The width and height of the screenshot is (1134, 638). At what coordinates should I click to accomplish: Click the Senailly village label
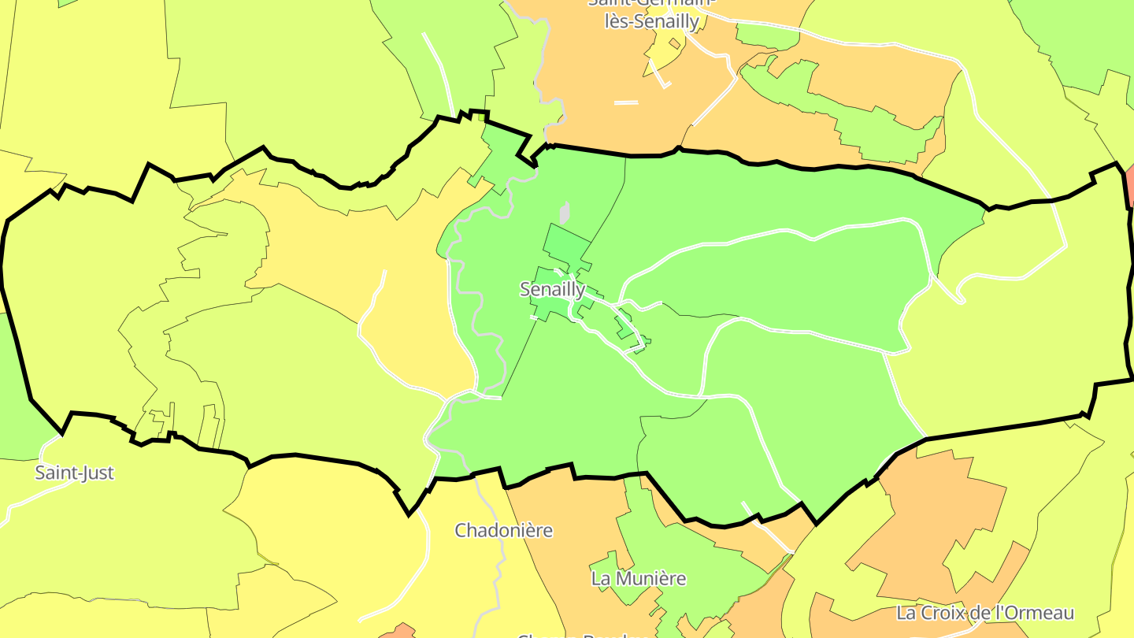552,289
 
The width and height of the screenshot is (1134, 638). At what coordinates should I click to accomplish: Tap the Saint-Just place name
74,473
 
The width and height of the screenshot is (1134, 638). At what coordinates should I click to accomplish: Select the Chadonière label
503,530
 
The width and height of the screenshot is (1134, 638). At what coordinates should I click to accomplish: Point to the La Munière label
639,578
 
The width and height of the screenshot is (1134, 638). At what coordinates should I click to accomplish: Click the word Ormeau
1040,612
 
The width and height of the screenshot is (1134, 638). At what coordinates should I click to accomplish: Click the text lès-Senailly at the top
651,21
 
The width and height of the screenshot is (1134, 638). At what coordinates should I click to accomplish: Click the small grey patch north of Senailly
564,213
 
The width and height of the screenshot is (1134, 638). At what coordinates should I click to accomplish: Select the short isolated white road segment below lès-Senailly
626,102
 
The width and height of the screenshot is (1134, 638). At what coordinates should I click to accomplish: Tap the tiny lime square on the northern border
482,117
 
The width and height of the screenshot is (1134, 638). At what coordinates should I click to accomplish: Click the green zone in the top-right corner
1087,39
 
